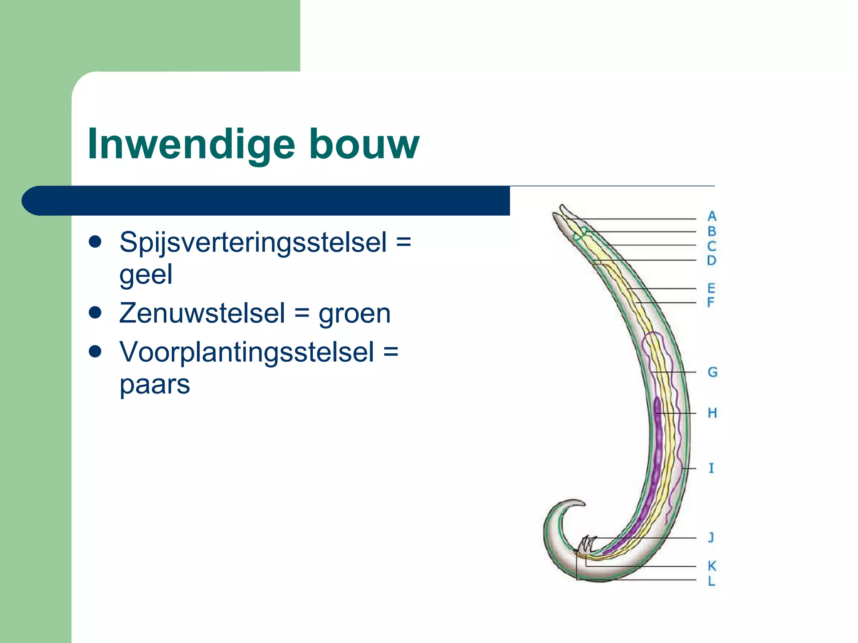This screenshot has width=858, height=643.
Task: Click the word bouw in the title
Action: [x=364, y=144]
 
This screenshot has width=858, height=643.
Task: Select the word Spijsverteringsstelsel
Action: [x=253, y=242]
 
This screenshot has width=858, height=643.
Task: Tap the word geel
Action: [x=146, y=275]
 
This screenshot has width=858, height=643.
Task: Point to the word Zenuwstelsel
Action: [x=202, y=313]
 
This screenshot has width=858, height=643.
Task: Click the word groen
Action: [x=354, y=313]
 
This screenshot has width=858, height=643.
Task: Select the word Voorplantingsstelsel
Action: [x=247, y=352]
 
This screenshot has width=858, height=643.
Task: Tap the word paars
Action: [x=155, y=384]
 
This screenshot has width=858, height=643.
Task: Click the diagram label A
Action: [x=712, y=216]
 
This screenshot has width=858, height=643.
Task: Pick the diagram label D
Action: [x=711, y=260]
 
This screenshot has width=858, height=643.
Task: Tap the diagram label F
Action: [x=711, y=302]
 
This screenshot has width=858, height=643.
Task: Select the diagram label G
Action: [x=712, y=372]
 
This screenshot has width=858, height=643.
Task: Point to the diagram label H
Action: [x=712, y=413]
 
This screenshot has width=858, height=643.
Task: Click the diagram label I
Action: [x=711, y=468]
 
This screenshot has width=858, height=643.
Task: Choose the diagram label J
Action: [x=711, y=537]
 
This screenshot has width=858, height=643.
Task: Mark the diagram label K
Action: [x=712, y=566]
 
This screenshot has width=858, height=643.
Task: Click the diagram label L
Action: [x=711, y=581]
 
